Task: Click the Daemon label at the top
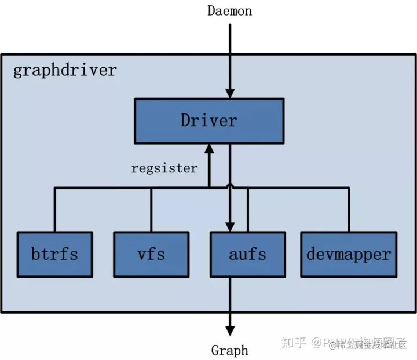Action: pos(230,10)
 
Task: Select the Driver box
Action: pos(209,120)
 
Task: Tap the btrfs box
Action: pos(54,254)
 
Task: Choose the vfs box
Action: pos(151,254)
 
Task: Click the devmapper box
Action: pos(349,254)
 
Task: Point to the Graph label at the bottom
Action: pos(230,350)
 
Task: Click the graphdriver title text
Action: pos(64,70)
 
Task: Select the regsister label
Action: pos(164,168)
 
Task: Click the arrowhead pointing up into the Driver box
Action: pos(209,149)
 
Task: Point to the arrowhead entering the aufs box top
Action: pos(230,226)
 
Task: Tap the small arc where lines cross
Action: pos(230,185)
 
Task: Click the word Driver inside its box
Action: pos(209,120)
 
